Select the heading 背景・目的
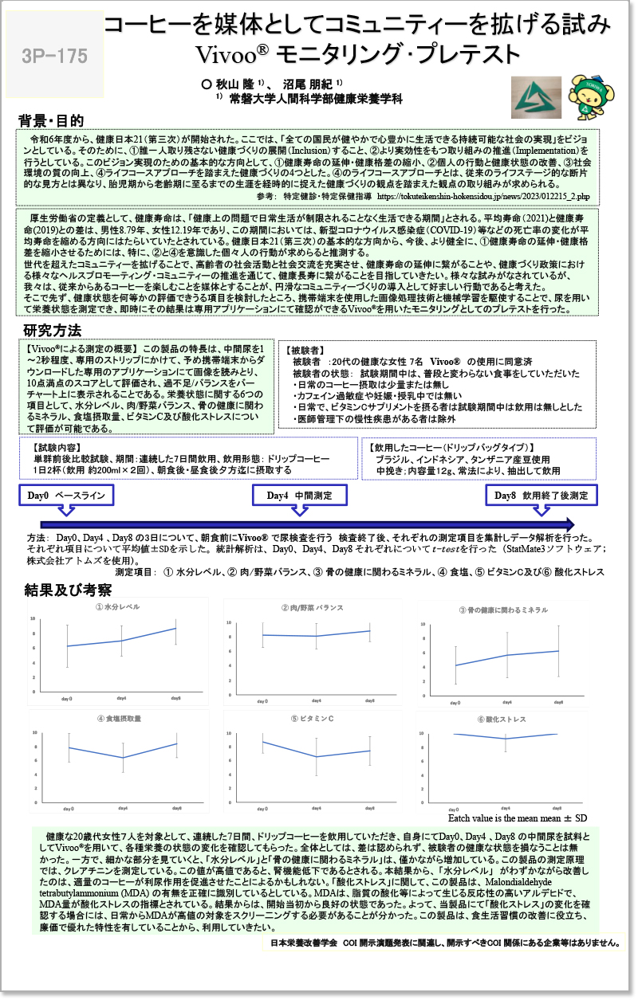51,121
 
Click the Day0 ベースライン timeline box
65,496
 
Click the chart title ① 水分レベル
116,607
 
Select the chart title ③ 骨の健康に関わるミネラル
502,610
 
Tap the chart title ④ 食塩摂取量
119,719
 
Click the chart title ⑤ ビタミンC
312,719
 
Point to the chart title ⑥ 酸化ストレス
502,720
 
